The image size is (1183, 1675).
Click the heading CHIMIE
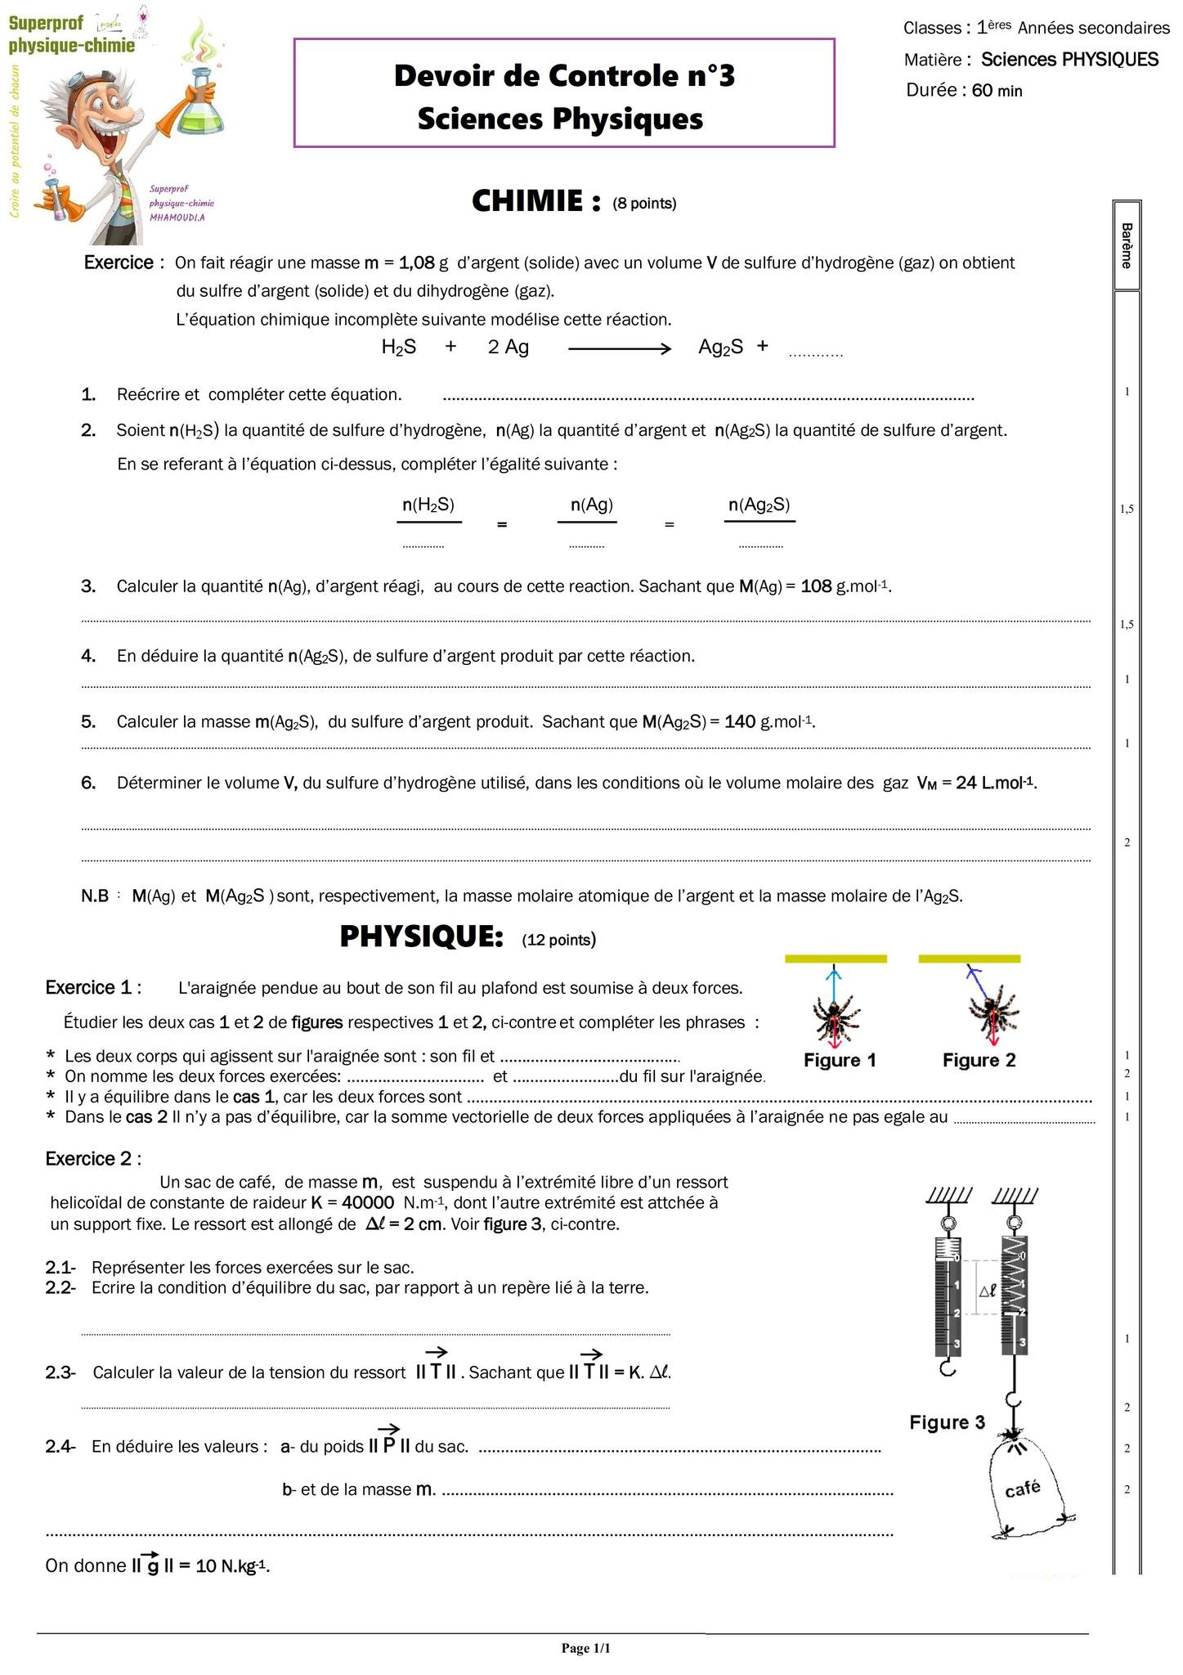click(536, 201)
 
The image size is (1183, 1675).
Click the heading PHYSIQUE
click(421, 937)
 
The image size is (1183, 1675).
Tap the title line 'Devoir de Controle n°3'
click(564, 76)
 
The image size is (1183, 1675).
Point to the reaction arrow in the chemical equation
click(619, 349)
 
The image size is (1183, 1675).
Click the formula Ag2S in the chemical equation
click(720, 348)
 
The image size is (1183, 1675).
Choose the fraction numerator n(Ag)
click(591, 505)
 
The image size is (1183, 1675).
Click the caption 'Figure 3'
click(947, 1422)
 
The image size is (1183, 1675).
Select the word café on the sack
click(1022, 1489)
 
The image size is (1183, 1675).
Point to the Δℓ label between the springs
click(988, 1291)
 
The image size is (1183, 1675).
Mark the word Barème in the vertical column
click(1127, 245)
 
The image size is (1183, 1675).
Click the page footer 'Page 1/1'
click(585, 1648)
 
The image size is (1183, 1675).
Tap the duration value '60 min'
click(997, 91)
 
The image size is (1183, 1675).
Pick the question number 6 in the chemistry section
click(88, 784)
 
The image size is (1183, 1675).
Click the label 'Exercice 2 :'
click(93, 1159)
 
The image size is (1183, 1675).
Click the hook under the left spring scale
click(947, 1367)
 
